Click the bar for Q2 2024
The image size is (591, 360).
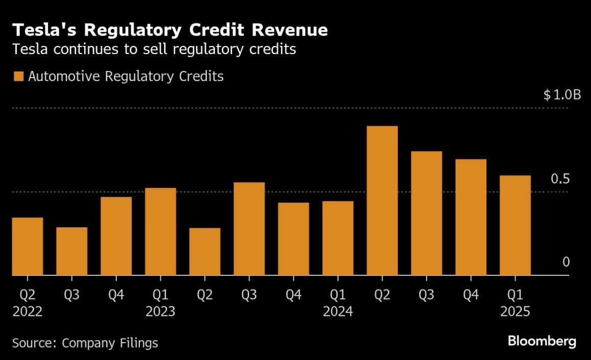(x=382, y=201)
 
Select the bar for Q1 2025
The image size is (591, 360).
(x=515, y=225)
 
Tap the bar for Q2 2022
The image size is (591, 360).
(x=28, y=247)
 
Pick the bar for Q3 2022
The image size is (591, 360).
(x=72, y=251)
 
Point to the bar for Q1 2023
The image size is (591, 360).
(x=160, y=231)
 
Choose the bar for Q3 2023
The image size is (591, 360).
(x=249, y=229)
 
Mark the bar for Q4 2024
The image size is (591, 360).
(x=471, y=217)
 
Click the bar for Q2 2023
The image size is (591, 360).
(x=205, y=251)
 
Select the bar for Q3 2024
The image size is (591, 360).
(x=427, y=213)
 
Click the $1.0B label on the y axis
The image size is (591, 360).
(x=562, y=94)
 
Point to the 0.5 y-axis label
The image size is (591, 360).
(x=560, y=179)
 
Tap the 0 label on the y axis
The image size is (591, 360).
(x=566, y=261)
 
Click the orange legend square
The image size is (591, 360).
(x=18, y=76)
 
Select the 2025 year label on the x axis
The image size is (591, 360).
(x=515, y=311)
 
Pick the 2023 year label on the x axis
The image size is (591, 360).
(x=160, y=311)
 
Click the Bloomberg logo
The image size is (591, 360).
(x=542, y=341)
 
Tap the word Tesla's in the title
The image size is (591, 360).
(x=44, y=30)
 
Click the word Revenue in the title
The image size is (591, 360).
(x=290, y=30)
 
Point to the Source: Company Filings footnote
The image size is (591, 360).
(x=85, y=343)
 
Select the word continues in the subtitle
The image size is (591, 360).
(x=86, y=50)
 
